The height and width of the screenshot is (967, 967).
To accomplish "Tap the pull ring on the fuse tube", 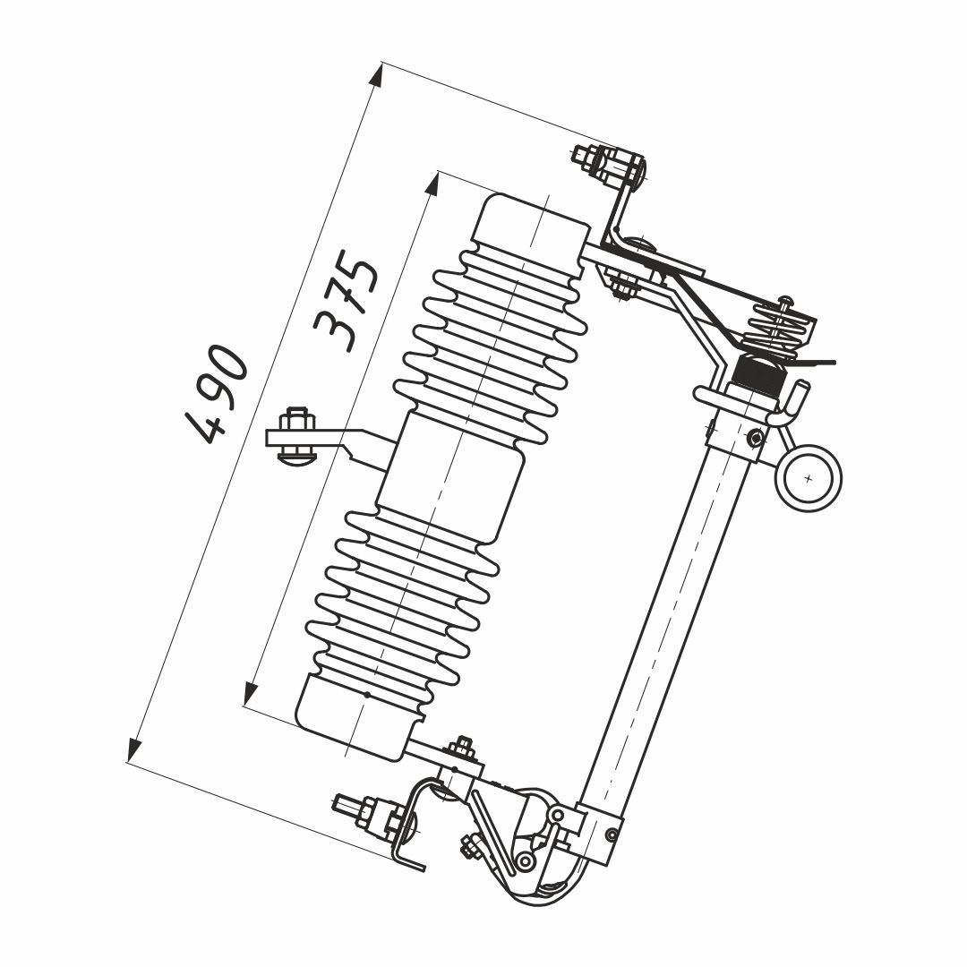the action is coord(809,478).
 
